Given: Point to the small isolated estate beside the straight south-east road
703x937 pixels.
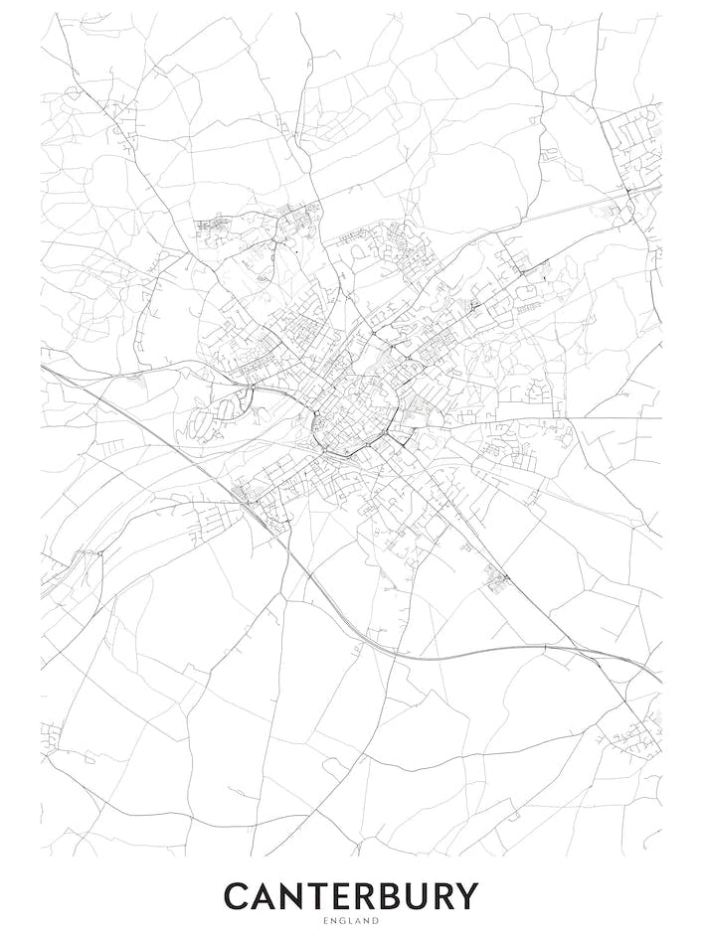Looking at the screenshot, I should (x=495, y=577).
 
